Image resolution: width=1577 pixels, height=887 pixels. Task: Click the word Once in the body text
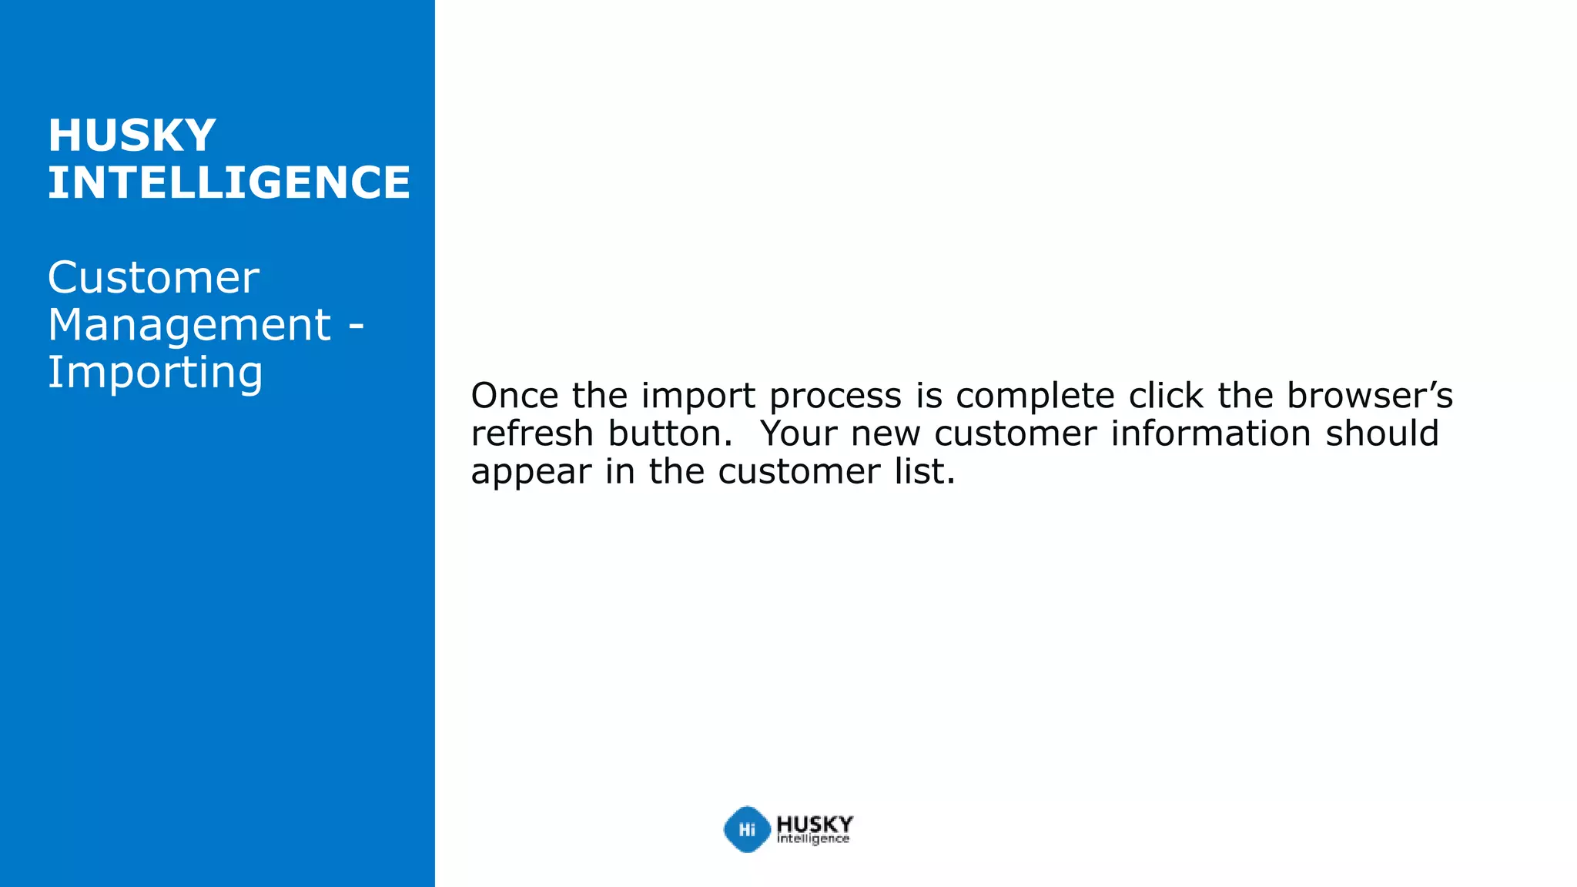click(x=514, y=396)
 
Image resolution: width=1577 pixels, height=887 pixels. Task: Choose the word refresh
click(x=532, y=433)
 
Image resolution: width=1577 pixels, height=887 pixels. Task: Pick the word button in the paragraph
click(x=668, y=433)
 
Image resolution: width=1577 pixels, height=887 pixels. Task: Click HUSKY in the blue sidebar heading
click(x=132, y=136)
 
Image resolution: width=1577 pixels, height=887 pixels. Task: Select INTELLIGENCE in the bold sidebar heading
click(x=229, y=182)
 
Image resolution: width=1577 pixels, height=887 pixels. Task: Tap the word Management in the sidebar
click(x=189, y=325)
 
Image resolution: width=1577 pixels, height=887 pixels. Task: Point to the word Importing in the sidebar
click(x=155, y=373)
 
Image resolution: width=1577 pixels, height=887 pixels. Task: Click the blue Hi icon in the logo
click(x=746, y=829)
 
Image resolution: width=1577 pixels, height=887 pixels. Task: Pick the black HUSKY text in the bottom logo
click(x=814, y=823)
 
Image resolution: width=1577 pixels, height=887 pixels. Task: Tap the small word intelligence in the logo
click(x=812, y=839)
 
